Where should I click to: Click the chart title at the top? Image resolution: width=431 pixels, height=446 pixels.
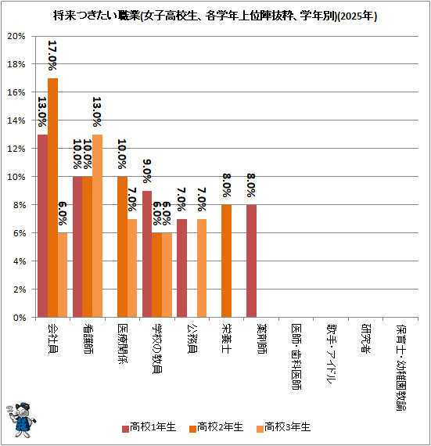coord(215,16)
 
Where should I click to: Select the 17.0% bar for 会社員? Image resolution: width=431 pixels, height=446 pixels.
coord(52,198)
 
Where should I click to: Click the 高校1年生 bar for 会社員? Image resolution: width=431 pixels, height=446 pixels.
coord(43,226)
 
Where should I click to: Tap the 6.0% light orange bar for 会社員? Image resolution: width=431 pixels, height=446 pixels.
coord(63,275)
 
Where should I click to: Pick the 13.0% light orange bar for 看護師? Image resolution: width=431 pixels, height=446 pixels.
coord(97,226)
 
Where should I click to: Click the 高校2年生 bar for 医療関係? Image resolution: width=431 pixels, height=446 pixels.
coord(122,247)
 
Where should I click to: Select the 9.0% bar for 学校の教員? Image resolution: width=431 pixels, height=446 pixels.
coord(147,254)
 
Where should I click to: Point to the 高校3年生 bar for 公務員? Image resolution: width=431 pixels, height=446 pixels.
coord(202,268)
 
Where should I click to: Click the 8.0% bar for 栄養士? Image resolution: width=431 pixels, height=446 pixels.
coord(226,261)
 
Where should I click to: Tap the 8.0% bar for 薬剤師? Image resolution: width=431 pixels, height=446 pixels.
coord(251,261)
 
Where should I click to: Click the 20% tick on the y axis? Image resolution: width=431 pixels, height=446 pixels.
coord(16,36)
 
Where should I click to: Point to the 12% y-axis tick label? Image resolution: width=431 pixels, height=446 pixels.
coord(16,149)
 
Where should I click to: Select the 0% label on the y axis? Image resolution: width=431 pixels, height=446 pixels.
coord(20,318)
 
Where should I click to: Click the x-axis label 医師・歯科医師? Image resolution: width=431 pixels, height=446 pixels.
coord(296,357)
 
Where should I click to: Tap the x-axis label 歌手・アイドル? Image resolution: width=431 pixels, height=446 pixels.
coord(331,354)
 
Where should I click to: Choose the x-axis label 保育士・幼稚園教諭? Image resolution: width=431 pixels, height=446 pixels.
coord(400,367)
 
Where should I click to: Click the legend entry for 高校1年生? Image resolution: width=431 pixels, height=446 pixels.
coord(149,427)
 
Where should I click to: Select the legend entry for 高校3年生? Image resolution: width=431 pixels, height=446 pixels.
coord(283,427)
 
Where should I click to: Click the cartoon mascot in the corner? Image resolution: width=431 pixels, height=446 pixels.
coord(21,420)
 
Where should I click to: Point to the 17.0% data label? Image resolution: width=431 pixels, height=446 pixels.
coord(52,56)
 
